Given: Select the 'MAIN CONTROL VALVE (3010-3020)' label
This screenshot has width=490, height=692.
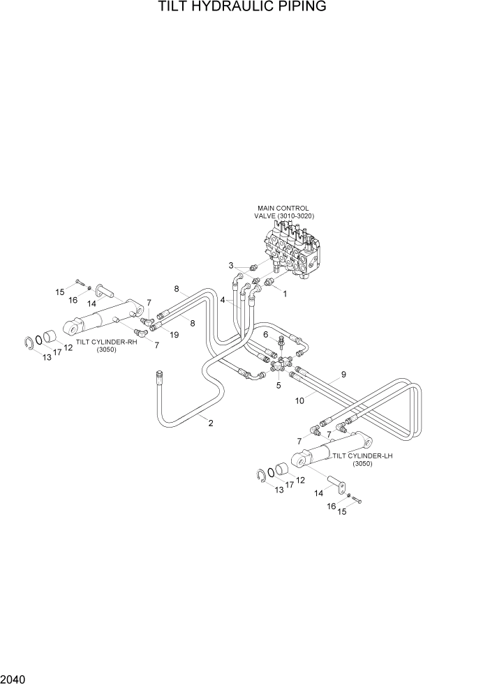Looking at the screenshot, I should tap(283, 212).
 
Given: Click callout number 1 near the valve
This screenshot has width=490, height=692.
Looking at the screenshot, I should tap(284, 294).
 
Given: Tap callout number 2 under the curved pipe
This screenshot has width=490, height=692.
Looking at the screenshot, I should tap(211, 423).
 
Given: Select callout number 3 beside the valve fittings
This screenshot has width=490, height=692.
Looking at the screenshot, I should tap(231, 265).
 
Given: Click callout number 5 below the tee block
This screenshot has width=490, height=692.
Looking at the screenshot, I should tap(279, 384).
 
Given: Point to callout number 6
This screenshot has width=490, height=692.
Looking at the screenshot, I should tap(266, 335).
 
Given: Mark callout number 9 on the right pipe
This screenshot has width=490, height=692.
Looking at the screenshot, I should tap(343, 375).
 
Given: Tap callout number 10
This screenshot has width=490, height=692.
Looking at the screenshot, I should tap(299, 400).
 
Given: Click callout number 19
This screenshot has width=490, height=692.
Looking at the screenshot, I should tap(175, 335).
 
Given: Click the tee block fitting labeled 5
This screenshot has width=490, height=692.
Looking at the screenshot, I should tap(279, 366).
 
